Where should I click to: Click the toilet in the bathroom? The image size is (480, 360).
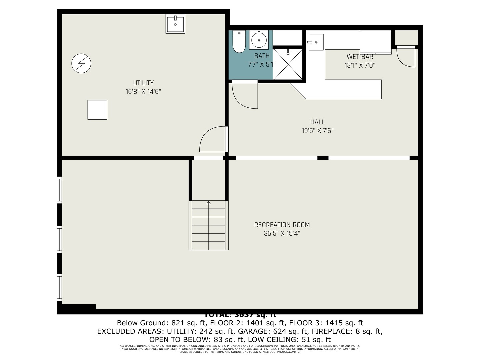click(x=239, y=42)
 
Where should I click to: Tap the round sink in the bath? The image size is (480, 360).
click(x=259, y=40)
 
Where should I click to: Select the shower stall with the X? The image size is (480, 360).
click(x=288, y=64)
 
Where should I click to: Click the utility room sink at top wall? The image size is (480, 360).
click(x=175, y=24)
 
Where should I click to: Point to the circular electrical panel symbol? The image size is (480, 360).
click(x=81, y=63)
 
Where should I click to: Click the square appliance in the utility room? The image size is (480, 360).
click(x=97, y=110)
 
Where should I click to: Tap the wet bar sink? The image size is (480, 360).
click(x=315, y=42)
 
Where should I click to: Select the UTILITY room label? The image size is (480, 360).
click(x=143, y=83)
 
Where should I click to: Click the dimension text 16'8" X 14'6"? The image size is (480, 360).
click(x=143, y=92)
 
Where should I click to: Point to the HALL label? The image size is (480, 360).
click(x=318, y=122)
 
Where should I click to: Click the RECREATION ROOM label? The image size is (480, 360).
click(x=282, y=225)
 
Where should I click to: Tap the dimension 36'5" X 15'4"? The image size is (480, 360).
click(x=282, y=234)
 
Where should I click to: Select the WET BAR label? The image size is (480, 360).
click(x=360, y=57)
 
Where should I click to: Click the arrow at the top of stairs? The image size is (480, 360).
click(x=209, y=202)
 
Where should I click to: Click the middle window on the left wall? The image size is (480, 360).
click(x=59, y=239)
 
